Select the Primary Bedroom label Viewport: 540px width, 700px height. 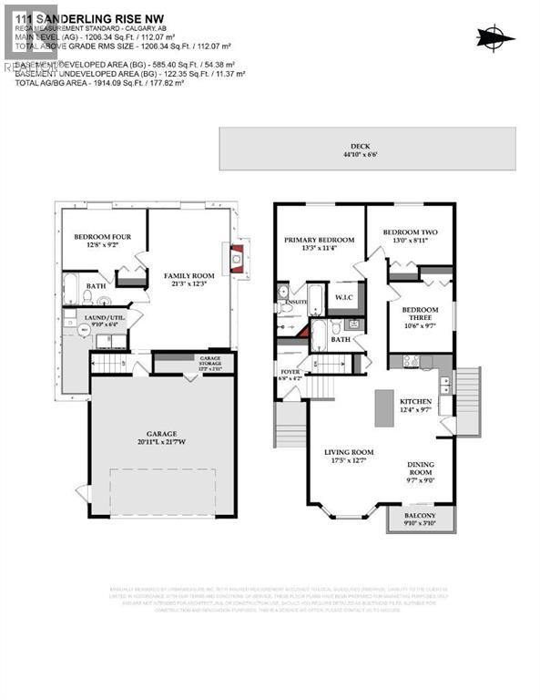tap(318, 241)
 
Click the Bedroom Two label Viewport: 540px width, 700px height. tap(409, 232)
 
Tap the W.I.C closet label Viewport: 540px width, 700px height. tap(343, 297)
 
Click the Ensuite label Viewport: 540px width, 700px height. tap(294, 302)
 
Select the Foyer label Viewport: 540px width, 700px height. tap(290, 372)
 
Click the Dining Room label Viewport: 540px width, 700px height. tap(421, 469)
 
